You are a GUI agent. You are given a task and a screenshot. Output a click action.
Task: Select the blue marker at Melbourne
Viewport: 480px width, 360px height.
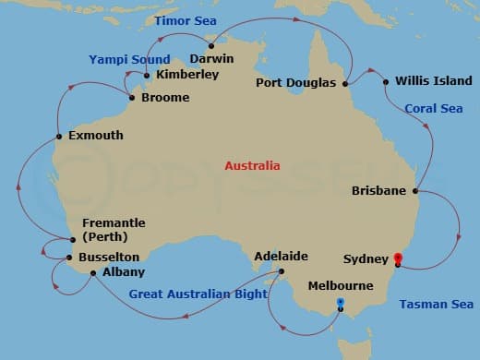341,303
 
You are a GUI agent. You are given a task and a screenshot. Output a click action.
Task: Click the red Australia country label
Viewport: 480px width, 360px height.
252,166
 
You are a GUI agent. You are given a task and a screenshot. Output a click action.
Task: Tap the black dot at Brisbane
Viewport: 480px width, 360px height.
415,192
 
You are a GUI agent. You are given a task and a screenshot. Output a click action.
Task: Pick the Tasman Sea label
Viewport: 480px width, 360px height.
437,304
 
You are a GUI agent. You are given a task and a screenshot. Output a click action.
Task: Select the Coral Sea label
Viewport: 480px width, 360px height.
432,108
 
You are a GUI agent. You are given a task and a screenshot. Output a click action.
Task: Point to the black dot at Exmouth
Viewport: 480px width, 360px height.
59,136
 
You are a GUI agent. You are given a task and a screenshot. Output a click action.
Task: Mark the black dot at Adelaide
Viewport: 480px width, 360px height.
282,271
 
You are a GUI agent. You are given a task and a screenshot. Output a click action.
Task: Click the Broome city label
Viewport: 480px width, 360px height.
166,98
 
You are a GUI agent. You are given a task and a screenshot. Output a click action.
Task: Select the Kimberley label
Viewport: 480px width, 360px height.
187,75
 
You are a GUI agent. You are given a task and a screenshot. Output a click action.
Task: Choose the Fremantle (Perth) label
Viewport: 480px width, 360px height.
113,230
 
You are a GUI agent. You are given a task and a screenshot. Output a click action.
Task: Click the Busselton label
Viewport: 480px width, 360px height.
109,257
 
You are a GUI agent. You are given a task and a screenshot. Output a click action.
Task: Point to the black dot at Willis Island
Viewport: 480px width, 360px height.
385,81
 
